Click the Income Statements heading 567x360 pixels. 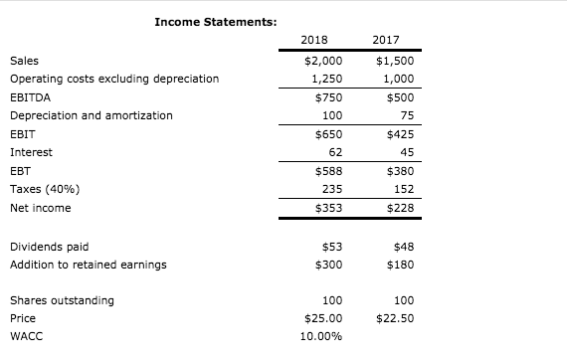pyautogui.click(x=216, y=21)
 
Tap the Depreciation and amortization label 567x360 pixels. pyautogui.click(x=91, y=115)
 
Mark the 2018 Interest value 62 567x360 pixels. pyautogui.click(x=328, y=152)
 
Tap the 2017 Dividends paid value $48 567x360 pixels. pyautogui.click(x=401, y=246)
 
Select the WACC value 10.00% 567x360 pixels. pyautogui.click(x=320, y=336)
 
